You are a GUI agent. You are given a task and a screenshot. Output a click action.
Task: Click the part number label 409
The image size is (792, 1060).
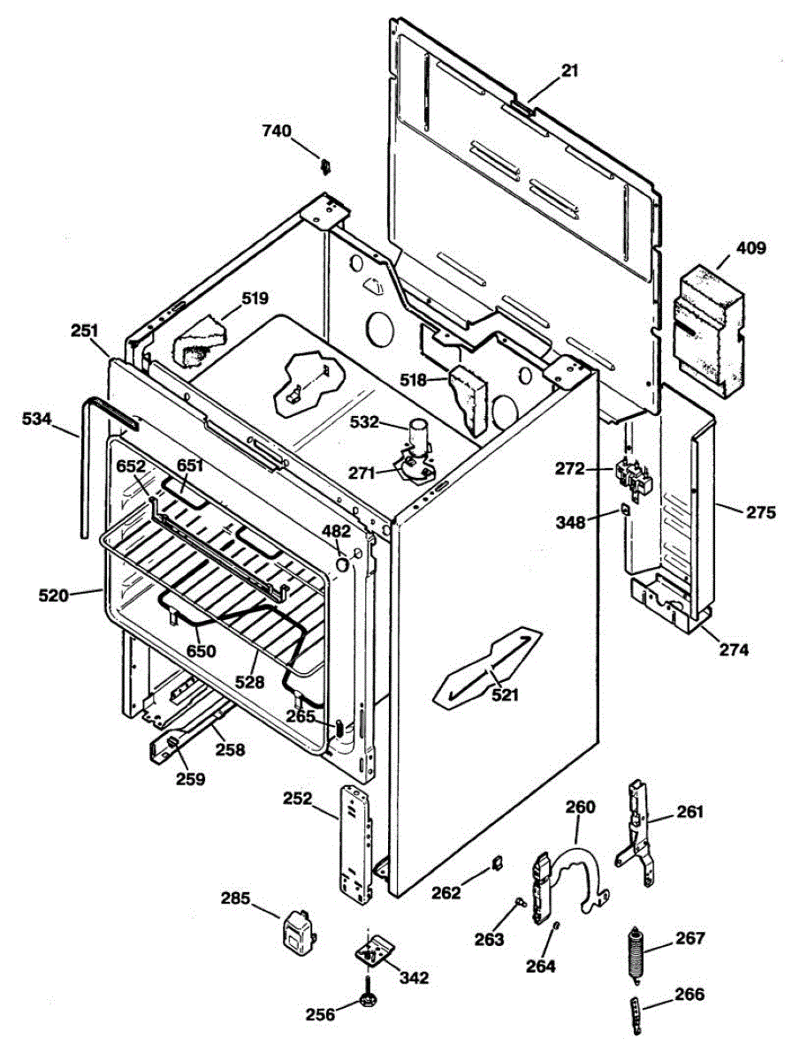751,249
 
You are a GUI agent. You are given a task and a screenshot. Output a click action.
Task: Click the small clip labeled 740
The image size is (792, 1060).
324,165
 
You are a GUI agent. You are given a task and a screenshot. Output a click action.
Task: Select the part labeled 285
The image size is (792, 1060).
296,932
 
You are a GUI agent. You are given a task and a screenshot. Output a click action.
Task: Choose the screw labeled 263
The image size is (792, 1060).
521,902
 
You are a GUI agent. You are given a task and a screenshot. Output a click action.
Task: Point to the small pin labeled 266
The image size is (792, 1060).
634,1011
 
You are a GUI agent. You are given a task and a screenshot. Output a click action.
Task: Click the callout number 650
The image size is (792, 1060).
200,651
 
